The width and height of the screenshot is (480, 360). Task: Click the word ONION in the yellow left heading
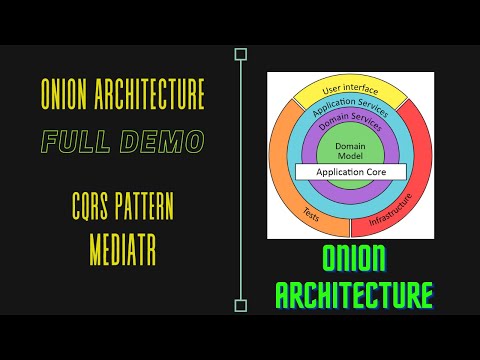[67, 95]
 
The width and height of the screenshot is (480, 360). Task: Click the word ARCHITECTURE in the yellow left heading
[152, 95]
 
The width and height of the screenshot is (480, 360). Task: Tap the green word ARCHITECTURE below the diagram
[354, 296]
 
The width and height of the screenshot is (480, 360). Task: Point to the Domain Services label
[349, 124]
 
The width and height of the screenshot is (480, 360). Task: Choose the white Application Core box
[346, 172]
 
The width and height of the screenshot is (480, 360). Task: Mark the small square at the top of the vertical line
[240, 54]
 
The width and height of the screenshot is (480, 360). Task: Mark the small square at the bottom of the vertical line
[240, 306]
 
